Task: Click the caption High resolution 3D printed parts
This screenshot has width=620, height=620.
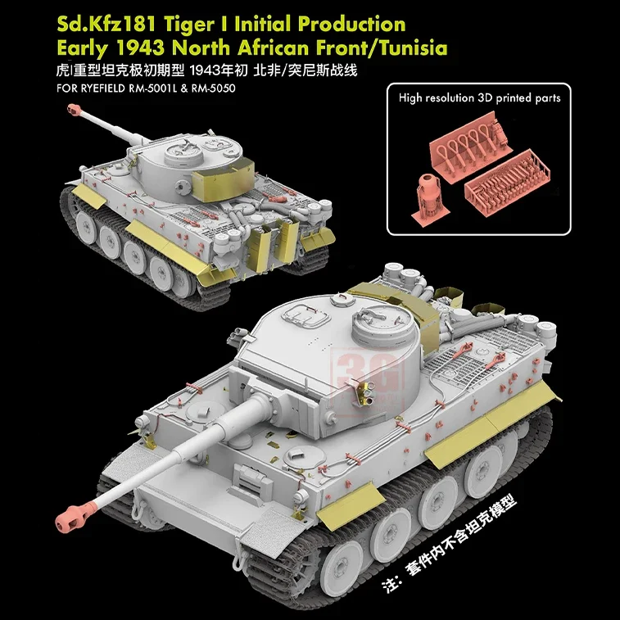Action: tap(480, 97)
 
